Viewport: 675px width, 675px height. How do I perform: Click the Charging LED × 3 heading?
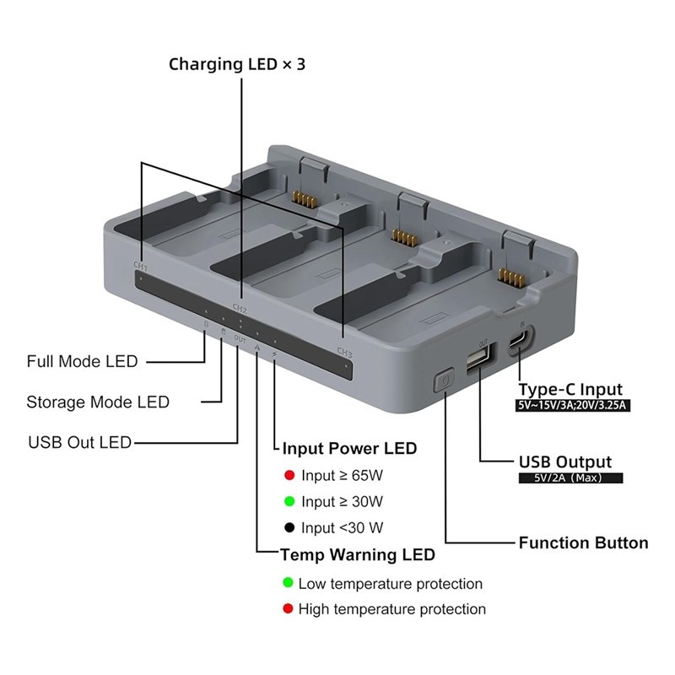(x=237, y=64)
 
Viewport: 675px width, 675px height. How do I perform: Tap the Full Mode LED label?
(x=82, y=361)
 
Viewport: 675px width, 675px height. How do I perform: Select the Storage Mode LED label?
(x=98, y=402)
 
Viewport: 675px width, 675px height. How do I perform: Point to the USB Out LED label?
(x=79, y=442)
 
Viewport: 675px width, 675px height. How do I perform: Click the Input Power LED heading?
(x=349, y=448)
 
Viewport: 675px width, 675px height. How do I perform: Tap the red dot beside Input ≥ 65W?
(x=289, y=475)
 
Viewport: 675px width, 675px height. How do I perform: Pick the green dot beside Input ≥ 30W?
(x=289, y=501)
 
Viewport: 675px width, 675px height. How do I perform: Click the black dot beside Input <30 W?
(x=289, y=527)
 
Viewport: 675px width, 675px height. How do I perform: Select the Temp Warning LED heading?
(x=358, y=554)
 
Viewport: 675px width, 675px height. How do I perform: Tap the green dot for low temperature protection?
(x=288, y=582)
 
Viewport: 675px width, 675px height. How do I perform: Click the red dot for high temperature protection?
(x=288, y=608)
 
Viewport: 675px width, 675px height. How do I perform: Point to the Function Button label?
(x=583, y=543)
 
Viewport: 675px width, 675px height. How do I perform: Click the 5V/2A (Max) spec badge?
(x=570, y=478)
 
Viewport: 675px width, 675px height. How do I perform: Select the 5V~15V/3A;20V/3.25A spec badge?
(x=573, y=406)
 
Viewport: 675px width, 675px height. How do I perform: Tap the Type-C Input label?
(x=570, y=389)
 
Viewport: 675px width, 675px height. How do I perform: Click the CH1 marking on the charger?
(x=141, y=267)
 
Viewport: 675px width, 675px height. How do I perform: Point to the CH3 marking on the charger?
(x=345, y=352)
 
